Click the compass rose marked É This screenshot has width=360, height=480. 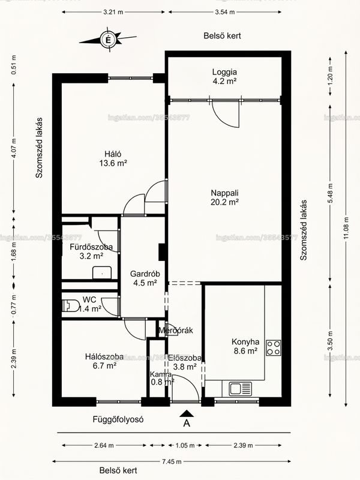[x=108, y=40]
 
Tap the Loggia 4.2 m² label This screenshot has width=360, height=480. [x=224, y=77]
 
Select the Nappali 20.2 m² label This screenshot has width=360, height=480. [x=224, y=197]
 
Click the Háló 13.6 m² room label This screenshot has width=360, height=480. [x=113, y=158]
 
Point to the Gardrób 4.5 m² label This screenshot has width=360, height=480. [x=145, y=278]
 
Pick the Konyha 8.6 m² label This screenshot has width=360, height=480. [x=245, y=346]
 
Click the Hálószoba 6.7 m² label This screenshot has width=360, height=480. [x=104, y=361]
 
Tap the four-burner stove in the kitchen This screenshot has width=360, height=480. [x=274, y=348]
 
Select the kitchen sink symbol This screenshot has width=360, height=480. [x=241, y=388]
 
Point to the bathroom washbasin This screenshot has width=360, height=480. [x=102, y=272]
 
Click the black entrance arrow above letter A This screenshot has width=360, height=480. [x=187, y=413]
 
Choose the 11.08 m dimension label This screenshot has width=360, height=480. [x=346, y=228]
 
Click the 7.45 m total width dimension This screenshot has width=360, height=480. [x=172, y=461]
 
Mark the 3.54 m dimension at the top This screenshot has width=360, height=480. [x=224, y=12]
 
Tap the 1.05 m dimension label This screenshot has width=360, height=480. [x=185, y=445]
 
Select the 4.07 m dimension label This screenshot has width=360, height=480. [x=13, y=148]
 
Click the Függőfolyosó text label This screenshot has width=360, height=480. [x=118, y=419]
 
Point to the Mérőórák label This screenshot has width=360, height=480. [x=176, y=331]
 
